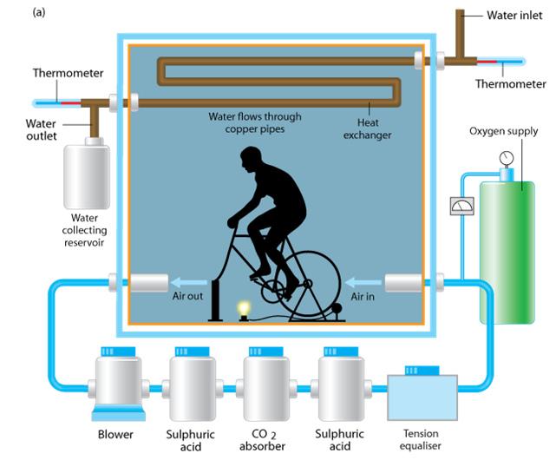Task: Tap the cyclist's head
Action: coord(251,161)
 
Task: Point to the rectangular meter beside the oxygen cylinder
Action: coord(458,207)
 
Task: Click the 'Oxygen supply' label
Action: coord(503,132)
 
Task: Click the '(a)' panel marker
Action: coord(16,13)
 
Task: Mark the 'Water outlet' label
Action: coord(41,129)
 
